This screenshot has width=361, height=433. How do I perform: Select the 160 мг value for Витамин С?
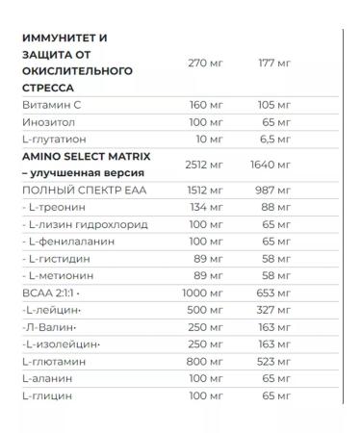(x=204, y=105)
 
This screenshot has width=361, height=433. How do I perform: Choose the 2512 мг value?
(x=202, y=165)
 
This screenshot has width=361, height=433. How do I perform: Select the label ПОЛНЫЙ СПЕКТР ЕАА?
(x=75, y=191)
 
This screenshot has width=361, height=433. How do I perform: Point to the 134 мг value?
(x=205, y=209)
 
